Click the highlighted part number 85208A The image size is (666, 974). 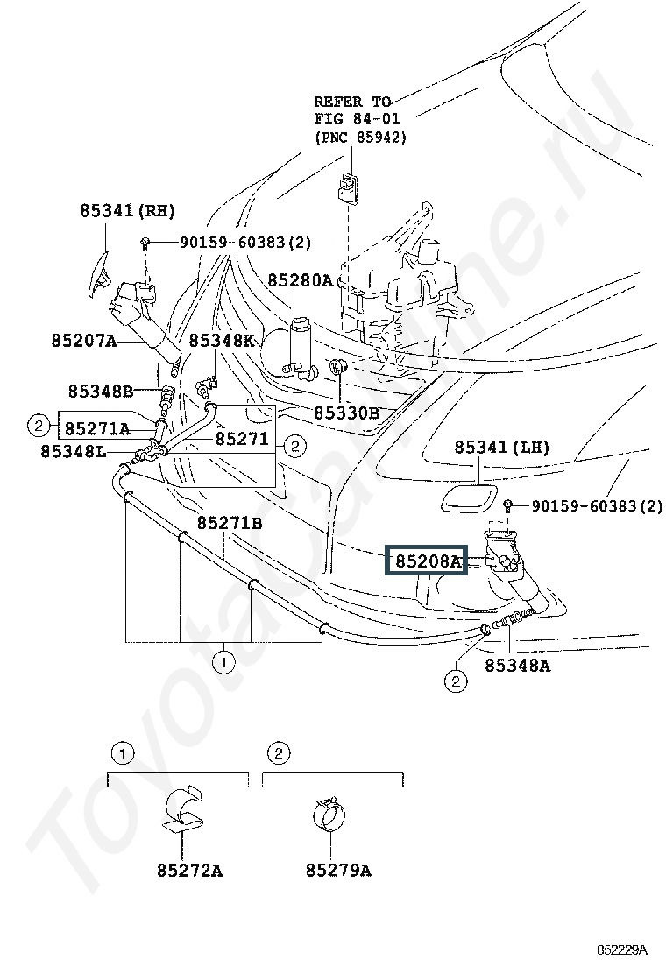pyautogui.click(x=429, y=561)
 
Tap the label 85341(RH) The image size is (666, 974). pyautogui.click(x=128, y=210)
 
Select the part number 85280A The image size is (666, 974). pyautogui.click(x=301, y=280)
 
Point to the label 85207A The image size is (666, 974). pyautogui.click(x=84, y=341)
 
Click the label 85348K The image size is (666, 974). pyautogui.click(x=222, y=341)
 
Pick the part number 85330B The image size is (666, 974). pyautogui.click(x=347, y=413)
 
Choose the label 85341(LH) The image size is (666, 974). pyautogui.click(x=502, y=447)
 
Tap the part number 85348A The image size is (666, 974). pyautogui.click(x=518, y=666)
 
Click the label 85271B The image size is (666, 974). pyautogui.click(x=230, y=524)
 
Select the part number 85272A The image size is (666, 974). pyautogui.click(x=189, y=871)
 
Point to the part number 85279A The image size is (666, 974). pyautogui.click(x=338, y=871)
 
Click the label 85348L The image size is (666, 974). pyautogui.click(x=74, y=451)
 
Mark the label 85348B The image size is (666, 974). pyautogui.click(x=101, y=391)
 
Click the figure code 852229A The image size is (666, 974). pyautogui.click(x=622, y=949)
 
